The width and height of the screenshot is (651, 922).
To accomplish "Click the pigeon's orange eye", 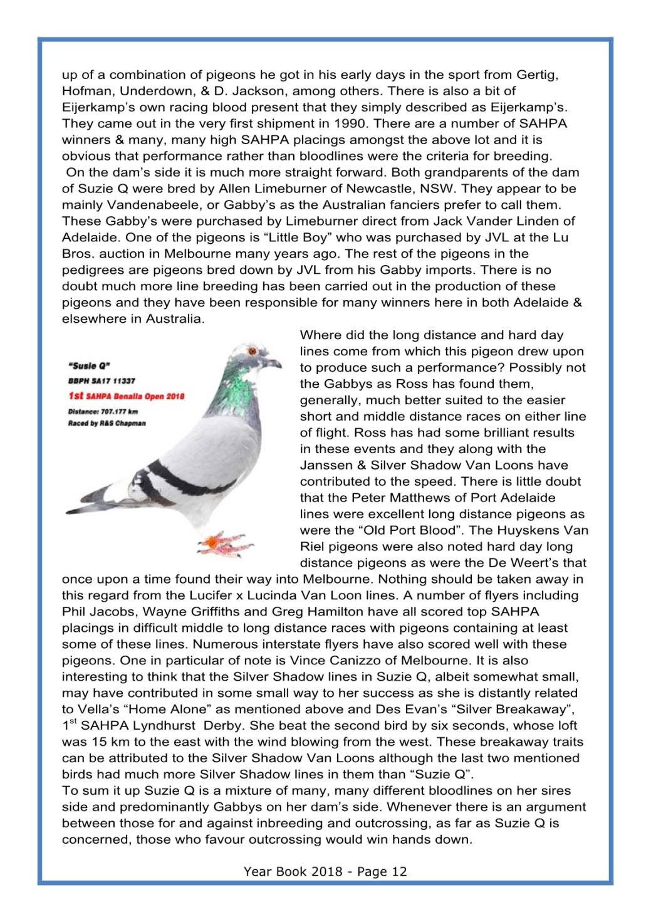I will [x=253, y=350].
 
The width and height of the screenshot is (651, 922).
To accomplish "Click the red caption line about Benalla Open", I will [x=126, y=396].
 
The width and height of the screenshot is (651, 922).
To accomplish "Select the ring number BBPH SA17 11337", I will [x=102, y=380].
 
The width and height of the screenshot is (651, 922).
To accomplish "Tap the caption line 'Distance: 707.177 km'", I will [x=103, y=412].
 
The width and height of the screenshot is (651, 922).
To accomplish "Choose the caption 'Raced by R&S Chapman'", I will [x=107, y=423].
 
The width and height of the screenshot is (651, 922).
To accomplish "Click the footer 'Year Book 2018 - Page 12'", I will [x=325, y=871].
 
